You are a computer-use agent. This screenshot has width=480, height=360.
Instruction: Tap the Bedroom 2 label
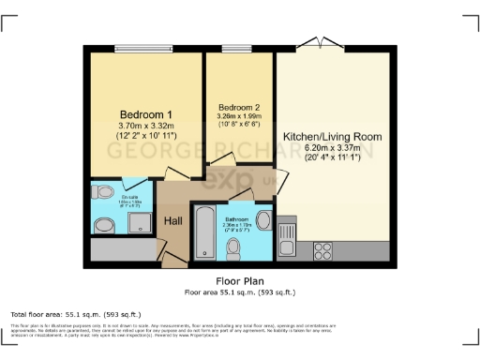(236, 106)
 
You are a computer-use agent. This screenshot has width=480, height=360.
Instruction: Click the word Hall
(173, 220)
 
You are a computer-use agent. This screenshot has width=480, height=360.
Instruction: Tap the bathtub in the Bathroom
(203, 233)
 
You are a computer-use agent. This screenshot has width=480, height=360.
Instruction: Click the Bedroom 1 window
(141, 49)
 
